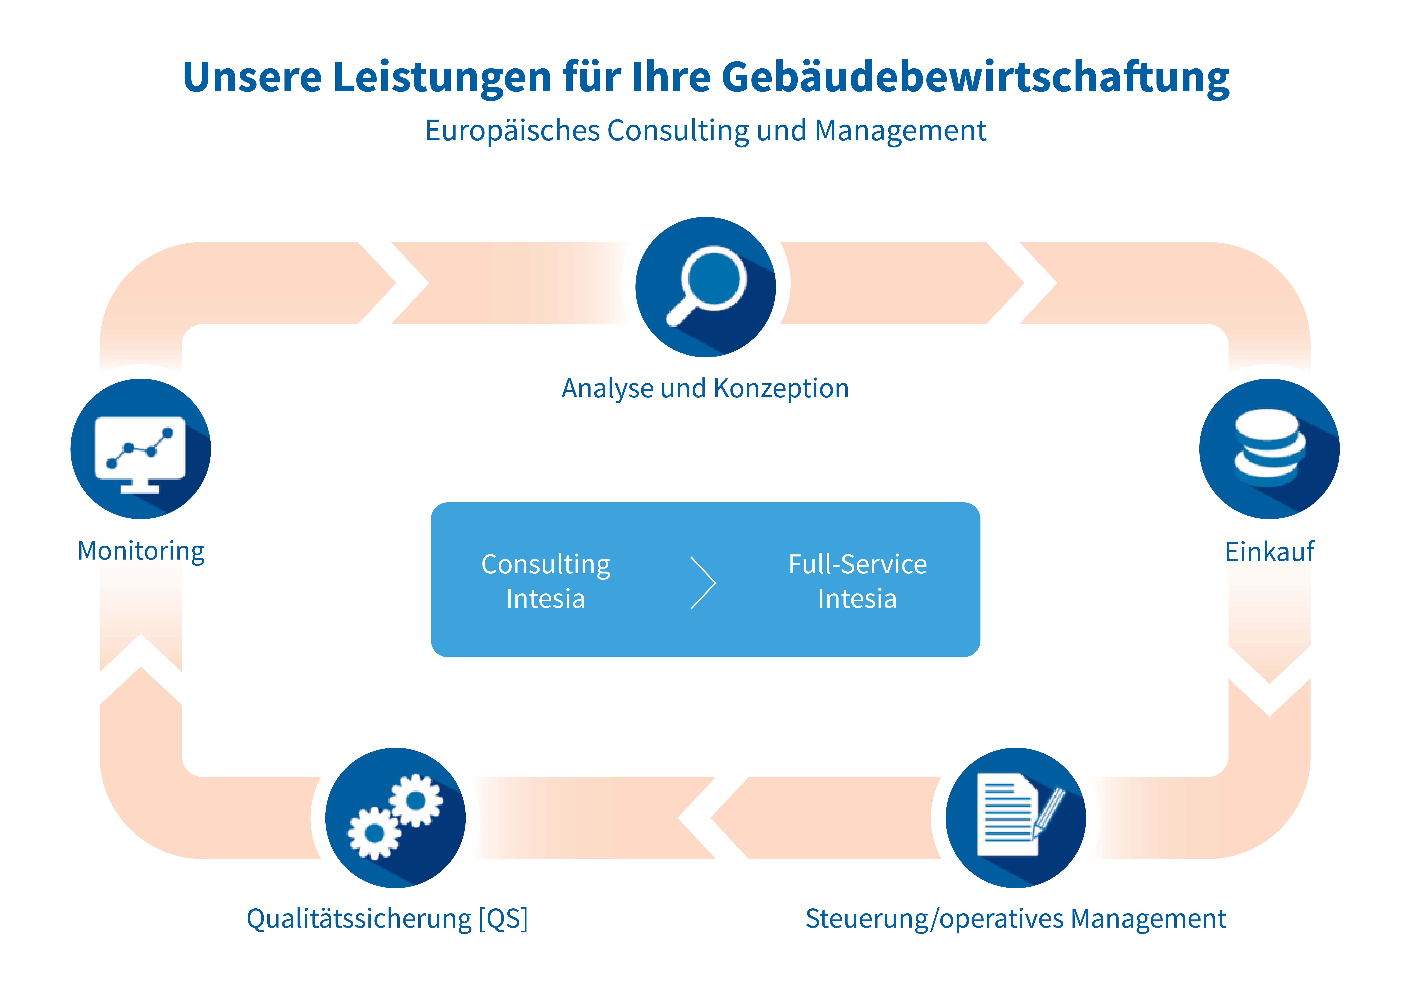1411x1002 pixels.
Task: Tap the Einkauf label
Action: click(1270, 551)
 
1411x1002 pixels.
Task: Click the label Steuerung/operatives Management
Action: click(1016, 919)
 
